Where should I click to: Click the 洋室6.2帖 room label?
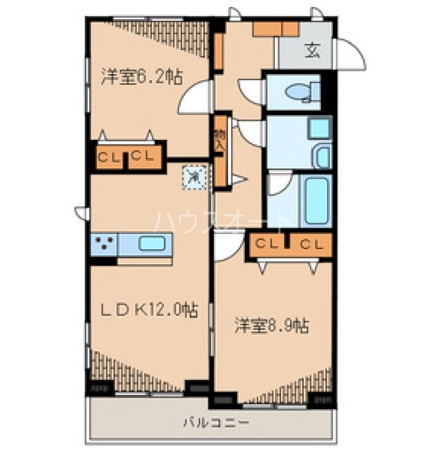point(141,77)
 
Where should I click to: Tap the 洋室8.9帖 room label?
point(271,326)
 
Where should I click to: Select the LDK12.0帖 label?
point(149,310)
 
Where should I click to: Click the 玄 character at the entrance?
point(312,51)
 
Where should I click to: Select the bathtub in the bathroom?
point(317,199)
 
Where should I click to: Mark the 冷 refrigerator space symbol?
point(194,177)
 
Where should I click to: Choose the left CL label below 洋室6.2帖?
point(109,157)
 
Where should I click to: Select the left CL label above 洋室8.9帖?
point(267,244)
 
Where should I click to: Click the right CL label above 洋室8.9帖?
point(311,244)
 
